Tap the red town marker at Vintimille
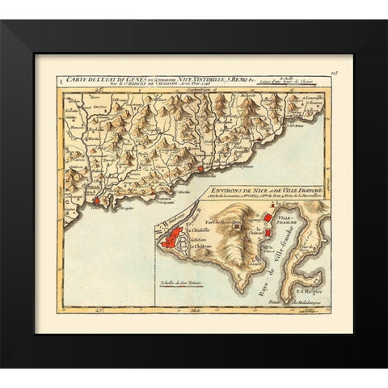[x=200, y=170]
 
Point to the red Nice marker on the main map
[x=95, y=200]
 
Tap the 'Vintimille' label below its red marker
[x=207, y=177]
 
